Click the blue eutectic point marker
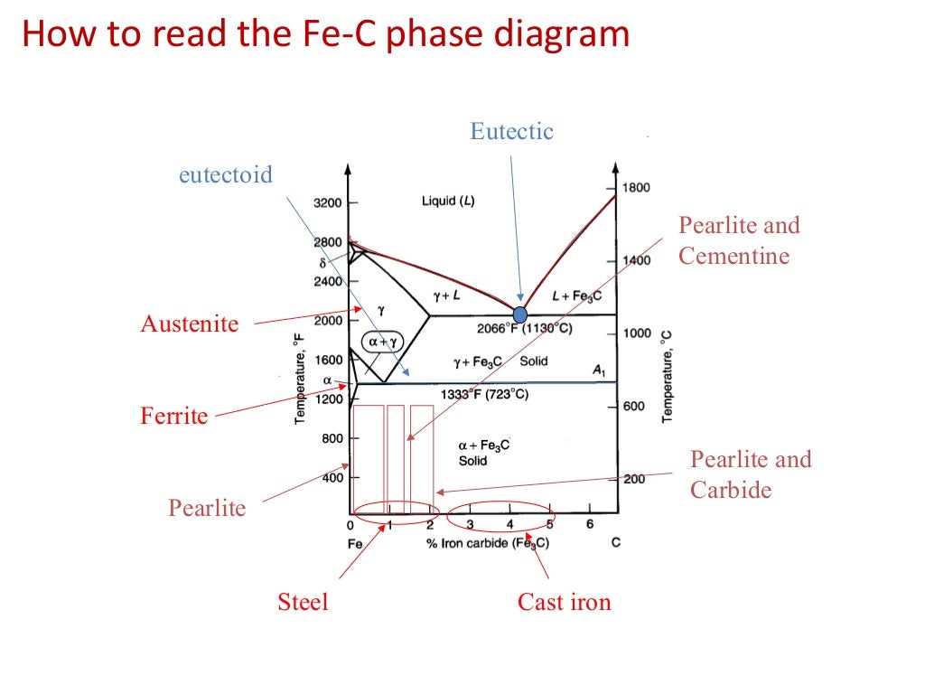[519, 314]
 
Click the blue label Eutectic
[511, 131]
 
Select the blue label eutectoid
[225, 174]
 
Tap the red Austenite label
[190, 324]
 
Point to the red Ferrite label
[174, 417]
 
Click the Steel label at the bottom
[303, 602]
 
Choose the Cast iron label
[564, 602]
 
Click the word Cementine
[733, 257]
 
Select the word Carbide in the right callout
[731, 491]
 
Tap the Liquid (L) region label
[448, 201]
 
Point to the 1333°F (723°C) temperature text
[484, 395]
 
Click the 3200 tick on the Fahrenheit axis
[328, 203]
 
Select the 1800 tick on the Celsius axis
[636, 188]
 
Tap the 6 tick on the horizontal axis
[589, 525]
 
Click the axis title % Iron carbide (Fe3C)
[487, 543]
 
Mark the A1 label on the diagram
[597, 370]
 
